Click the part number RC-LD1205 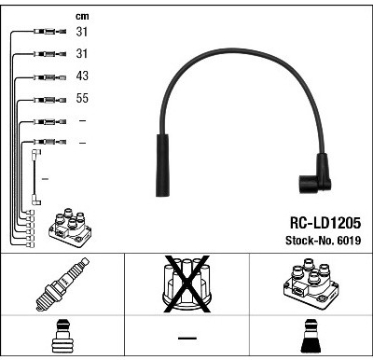point(325,223)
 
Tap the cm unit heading point(82,17)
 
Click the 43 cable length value point(82,76)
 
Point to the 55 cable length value point(82,98)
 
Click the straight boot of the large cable point(162,165)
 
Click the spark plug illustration point(62,284)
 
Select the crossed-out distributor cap point(187,284)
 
